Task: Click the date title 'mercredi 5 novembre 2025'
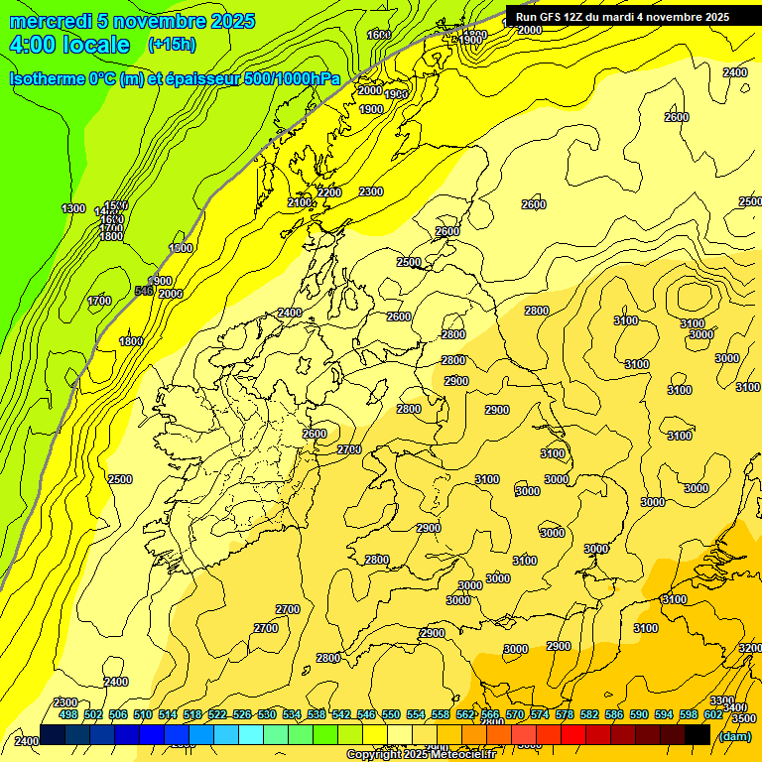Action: [x=132, y=21]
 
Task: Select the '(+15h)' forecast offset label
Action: [x=172, y=45]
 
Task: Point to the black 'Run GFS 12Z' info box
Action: [x=622, y=16]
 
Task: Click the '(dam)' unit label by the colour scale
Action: [x=734, y=735]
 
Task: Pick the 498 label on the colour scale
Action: [x=68, y=714]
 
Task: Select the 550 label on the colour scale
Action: [x=391, y=714]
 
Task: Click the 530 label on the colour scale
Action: [x=267, y=714]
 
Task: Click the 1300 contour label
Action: [x=73, y=208]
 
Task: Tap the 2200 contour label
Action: [x=329, y=192]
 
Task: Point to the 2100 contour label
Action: [x=299, y=203]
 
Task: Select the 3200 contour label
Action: [x=750, y=647]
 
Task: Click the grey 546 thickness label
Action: [x=144, y=291]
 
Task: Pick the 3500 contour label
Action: [x=743, y=716]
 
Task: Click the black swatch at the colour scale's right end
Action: [x=698, y=734]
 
